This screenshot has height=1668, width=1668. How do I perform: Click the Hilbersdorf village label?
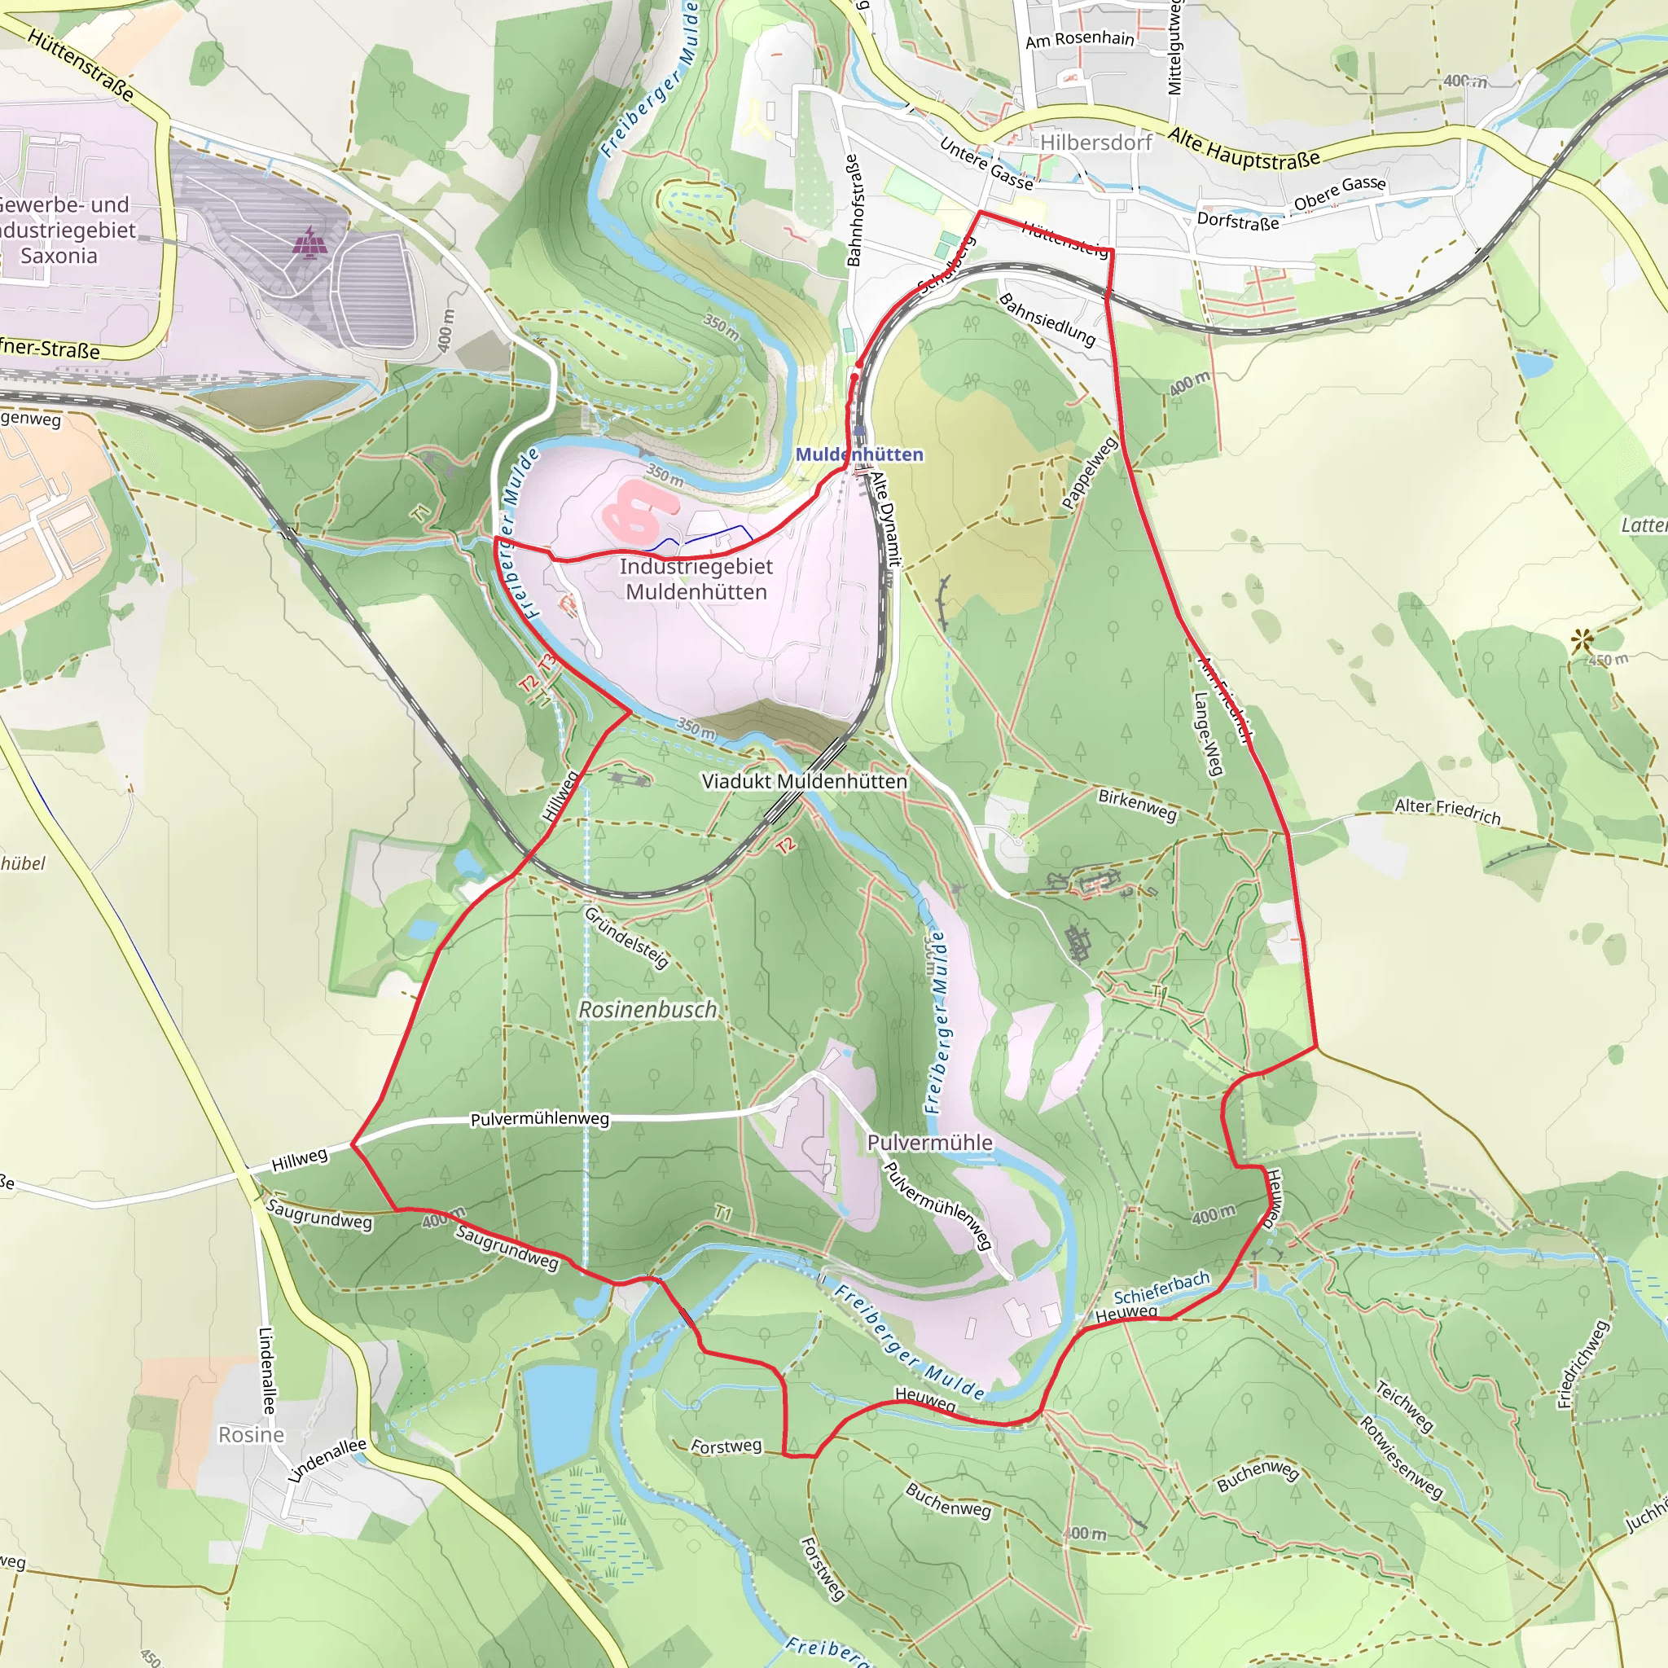tap(1095, 143)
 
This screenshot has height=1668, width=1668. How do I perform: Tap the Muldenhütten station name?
tap(859, 454)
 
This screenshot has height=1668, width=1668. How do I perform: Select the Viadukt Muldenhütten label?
tap(805, 781)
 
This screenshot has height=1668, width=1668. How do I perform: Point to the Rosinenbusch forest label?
tap(647, 1009)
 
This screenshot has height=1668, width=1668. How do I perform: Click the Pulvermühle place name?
tap(930, 1142)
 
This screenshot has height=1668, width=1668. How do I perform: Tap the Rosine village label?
tap(251, 1435)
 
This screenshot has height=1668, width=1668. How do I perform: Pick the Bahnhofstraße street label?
tap(853, 211)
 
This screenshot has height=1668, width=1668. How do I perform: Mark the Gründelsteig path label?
tap(627, 937)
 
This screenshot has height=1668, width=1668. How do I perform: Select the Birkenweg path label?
tap(1137, 805)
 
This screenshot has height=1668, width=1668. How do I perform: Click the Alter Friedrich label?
tap(1448, 810)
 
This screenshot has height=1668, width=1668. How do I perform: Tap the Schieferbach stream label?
tap(1161, 1288)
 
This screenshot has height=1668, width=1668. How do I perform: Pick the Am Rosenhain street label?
tap(1079, 39)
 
